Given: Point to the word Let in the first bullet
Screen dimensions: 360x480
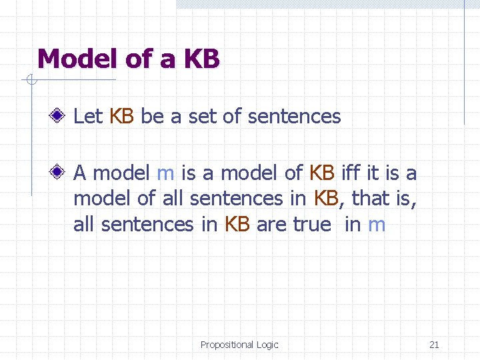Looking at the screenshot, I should click(x=88, y=117).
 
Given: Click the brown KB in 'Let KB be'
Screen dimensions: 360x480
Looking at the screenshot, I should click(x=122, y=117).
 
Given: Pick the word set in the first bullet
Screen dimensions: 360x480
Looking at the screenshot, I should click(x=203, y=117).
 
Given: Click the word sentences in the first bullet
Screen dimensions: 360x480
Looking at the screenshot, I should click(x=294, y=117).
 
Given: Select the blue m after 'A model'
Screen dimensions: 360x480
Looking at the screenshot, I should click(x=165, y=174).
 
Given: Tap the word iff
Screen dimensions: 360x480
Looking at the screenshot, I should click(x=351, y=173).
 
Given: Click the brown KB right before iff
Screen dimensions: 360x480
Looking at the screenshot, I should click(x=323, y=173).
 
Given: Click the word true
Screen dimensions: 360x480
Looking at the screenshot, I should click(x=312, y=225).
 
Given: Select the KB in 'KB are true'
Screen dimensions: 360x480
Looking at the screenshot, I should click(x=237, y=225).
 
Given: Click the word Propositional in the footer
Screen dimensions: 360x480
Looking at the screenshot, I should click(x=227, y=345).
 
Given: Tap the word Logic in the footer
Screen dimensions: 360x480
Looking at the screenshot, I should click(x=267, y=345).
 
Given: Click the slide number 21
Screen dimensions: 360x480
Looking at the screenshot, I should click(x=434, y=345).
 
